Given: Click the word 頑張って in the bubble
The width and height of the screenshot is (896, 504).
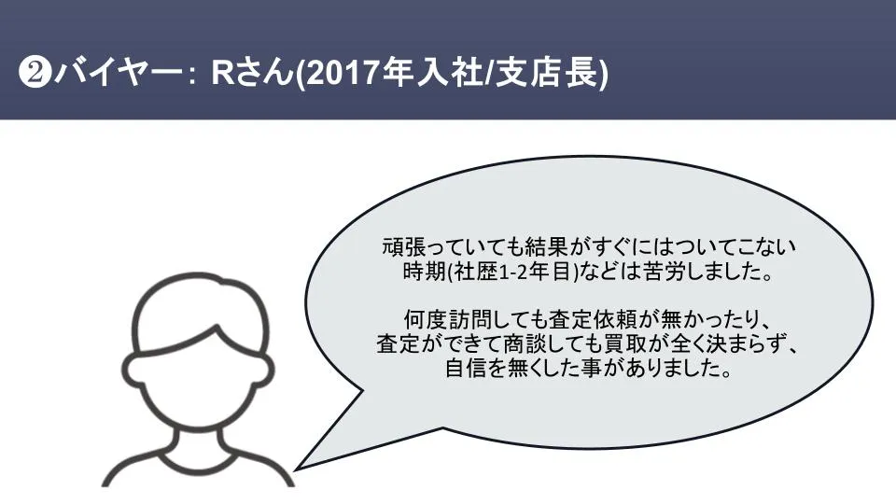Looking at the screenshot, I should (420, 248).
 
